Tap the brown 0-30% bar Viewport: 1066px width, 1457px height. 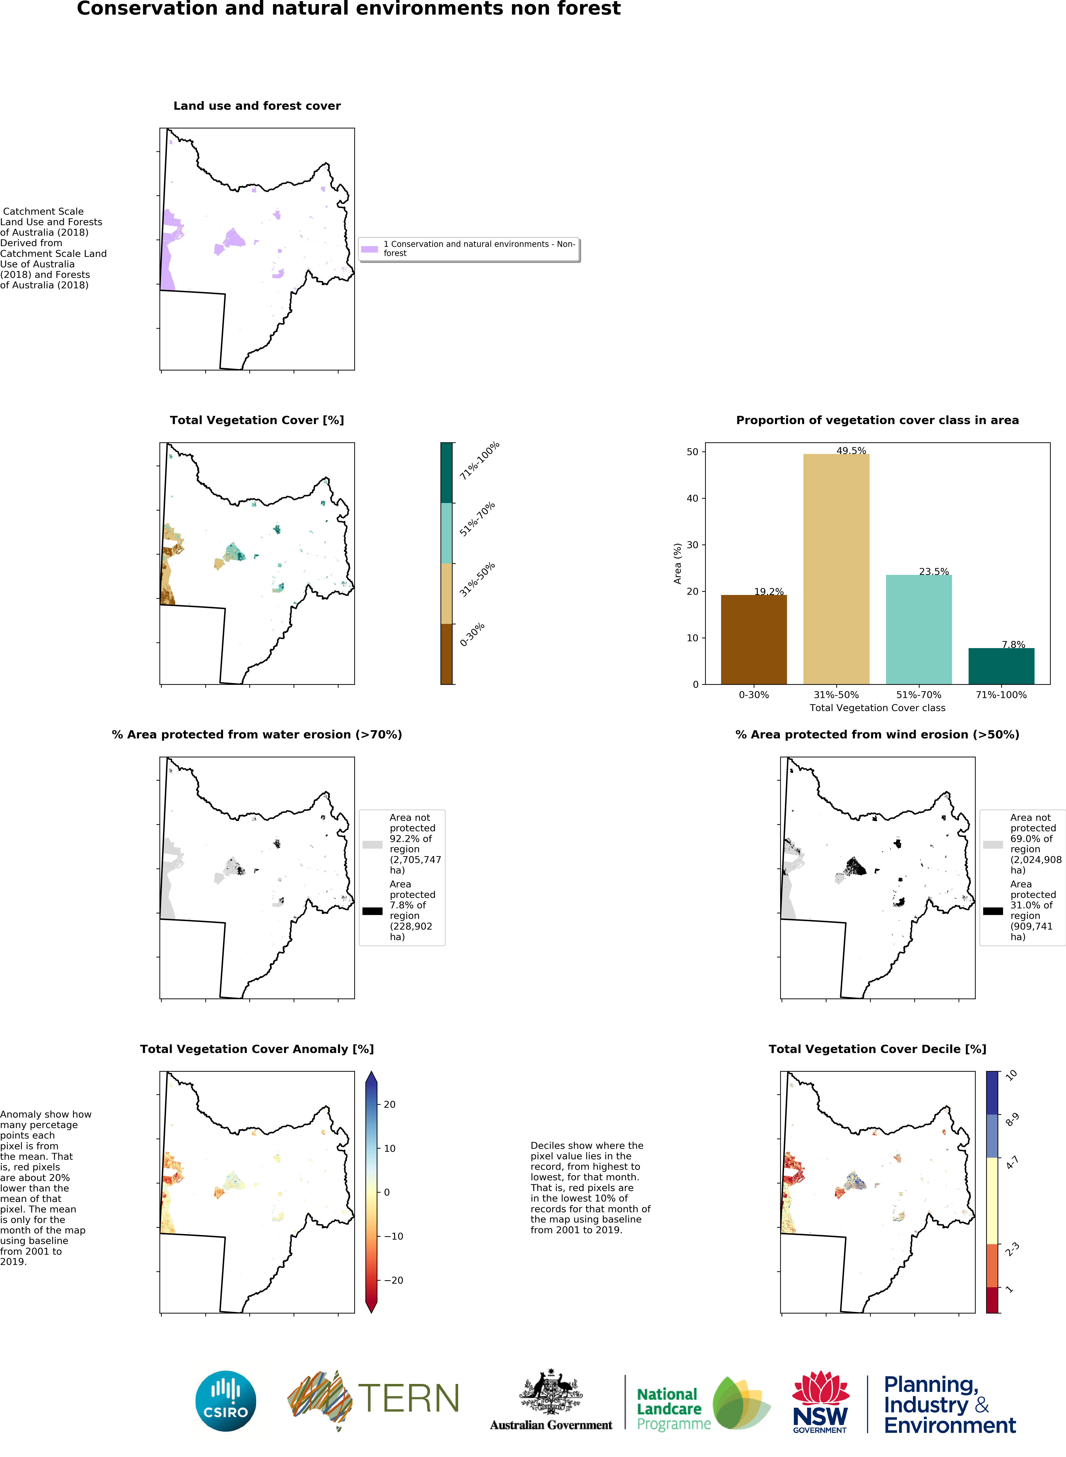point(754,639)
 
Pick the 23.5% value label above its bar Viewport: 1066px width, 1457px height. point(934,571)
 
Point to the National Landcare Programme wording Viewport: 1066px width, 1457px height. point(674,1409)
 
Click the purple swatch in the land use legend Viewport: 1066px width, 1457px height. point(369,248)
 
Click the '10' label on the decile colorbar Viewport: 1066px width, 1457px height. point(1011,1075)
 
